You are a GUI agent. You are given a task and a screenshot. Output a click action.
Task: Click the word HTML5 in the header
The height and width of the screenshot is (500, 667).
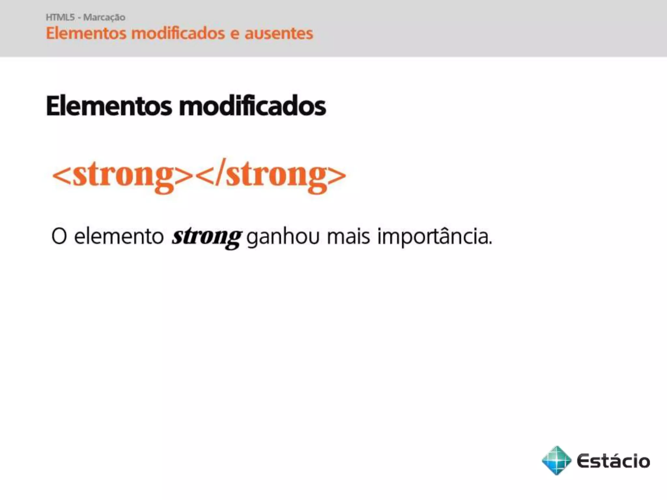(x=60, y=17)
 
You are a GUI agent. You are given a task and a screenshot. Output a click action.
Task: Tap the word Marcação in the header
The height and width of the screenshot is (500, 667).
(x=104, y=17)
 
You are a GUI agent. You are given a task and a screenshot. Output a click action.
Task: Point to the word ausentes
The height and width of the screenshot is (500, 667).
(x=278, y=34)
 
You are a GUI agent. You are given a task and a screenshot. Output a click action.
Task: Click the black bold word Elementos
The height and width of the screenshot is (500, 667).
(x=109, y=106)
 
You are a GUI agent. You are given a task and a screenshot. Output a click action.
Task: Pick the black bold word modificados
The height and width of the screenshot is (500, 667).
(x=252, y=106)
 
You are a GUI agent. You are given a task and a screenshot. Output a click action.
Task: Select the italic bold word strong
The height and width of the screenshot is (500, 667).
(x=207, y=236)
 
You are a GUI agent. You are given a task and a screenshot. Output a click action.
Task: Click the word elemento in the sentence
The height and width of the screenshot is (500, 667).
(x=119, y=236)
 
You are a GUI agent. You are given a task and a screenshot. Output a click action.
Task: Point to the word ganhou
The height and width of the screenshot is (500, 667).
(x=283, y=237)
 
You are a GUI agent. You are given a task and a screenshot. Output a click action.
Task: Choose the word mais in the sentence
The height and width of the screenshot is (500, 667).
(x=348, y=236)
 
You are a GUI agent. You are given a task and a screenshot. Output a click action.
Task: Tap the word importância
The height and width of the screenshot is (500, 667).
(x=433, y=236)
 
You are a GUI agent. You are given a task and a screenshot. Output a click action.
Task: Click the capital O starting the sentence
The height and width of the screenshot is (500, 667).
(x=59, y=236)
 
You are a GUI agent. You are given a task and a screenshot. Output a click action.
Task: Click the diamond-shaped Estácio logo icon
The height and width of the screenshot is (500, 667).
(x=556, y=460)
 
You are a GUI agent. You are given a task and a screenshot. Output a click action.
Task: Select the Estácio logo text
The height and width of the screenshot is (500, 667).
(x=613, y=461)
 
